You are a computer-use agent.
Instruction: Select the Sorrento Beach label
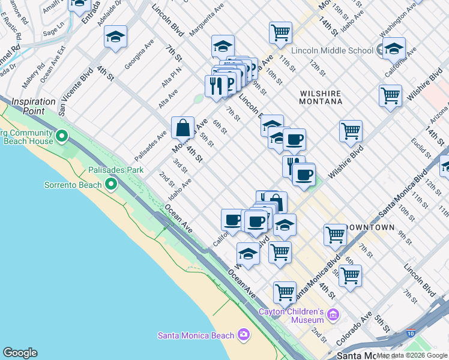73,185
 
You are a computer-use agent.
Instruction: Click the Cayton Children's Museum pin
333,314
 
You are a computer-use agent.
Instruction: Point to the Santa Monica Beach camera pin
243,334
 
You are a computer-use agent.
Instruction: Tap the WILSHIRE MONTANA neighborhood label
320,98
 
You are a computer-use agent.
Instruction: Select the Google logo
20,353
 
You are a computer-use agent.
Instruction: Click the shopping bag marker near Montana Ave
182,128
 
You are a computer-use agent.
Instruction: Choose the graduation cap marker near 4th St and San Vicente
115,37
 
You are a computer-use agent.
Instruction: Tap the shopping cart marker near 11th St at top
280,33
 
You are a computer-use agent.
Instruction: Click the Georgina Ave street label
140,55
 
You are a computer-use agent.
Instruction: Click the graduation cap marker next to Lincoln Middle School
394,49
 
